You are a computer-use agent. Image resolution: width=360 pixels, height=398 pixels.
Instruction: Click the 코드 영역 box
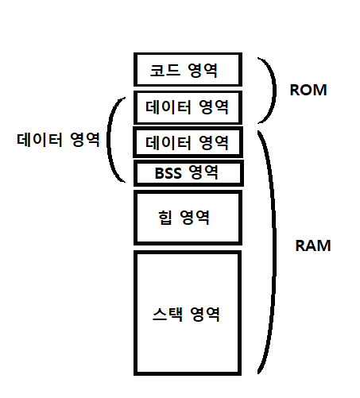click(x=188, y=69)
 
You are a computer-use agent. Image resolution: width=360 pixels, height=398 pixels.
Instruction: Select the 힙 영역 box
click(x=188, y=215)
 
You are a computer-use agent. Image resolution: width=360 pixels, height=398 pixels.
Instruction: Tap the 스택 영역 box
click(x=188, y=313)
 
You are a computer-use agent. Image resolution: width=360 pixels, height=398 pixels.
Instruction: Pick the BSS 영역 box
click(x=188, y=172)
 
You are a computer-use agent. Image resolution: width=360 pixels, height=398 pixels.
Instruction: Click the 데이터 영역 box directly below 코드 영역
click(x=188, y=106)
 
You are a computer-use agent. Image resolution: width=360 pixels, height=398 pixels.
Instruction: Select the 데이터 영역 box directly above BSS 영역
click(x=188, y=143)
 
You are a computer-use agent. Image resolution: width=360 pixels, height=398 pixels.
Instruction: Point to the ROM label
click(x=308, y=90)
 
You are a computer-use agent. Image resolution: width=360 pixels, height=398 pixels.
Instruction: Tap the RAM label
click(x=312, y=245)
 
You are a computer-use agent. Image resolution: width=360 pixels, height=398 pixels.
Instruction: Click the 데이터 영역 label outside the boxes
click(x=58, y=141)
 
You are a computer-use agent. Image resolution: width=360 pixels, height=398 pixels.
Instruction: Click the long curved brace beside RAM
click(x=269, y=250)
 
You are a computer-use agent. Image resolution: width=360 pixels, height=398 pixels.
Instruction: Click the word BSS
click(x=168, y=172)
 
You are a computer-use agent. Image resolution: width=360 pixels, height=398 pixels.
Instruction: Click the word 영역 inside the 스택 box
click(x=204, y=314)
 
